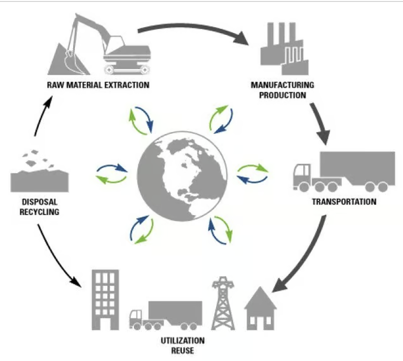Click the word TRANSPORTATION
click(x=344, y=202)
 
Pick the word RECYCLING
click(x=35, y=212)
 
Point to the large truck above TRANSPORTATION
click(x=343, y=171)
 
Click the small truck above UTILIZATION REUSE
click(x=165, y=314)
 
